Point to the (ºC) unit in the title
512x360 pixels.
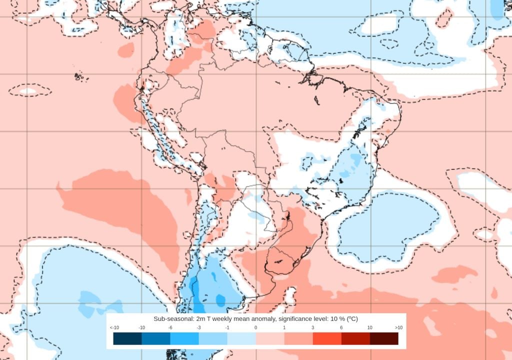coord(352,319)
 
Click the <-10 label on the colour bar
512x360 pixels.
coord(113,327)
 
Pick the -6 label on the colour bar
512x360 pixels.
coord(170,327)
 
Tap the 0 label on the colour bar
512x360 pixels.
coord(256,327)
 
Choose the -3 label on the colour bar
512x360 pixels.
coord(199,327)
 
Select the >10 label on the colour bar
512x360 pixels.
coord(398,327)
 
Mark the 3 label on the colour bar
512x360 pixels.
coord(313,327)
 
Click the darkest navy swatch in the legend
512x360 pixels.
coord(127,338)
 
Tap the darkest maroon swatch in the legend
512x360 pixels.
coord(384,338)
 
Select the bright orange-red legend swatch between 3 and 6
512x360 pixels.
coord(327,338)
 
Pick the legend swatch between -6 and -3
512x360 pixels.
coord(184,338)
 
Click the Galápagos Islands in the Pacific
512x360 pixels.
coord(78,76)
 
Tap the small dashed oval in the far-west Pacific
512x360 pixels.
coord(29,90)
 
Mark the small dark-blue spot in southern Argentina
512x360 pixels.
coord(220,300)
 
